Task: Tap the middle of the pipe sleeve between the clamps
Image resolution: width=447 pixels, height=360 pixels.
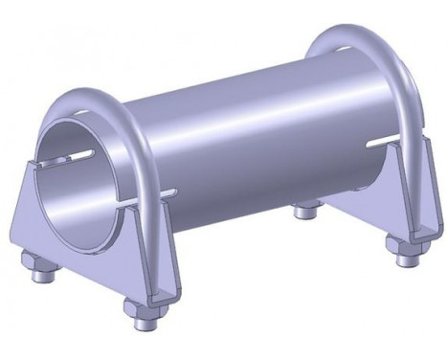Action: click(249, 144)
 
